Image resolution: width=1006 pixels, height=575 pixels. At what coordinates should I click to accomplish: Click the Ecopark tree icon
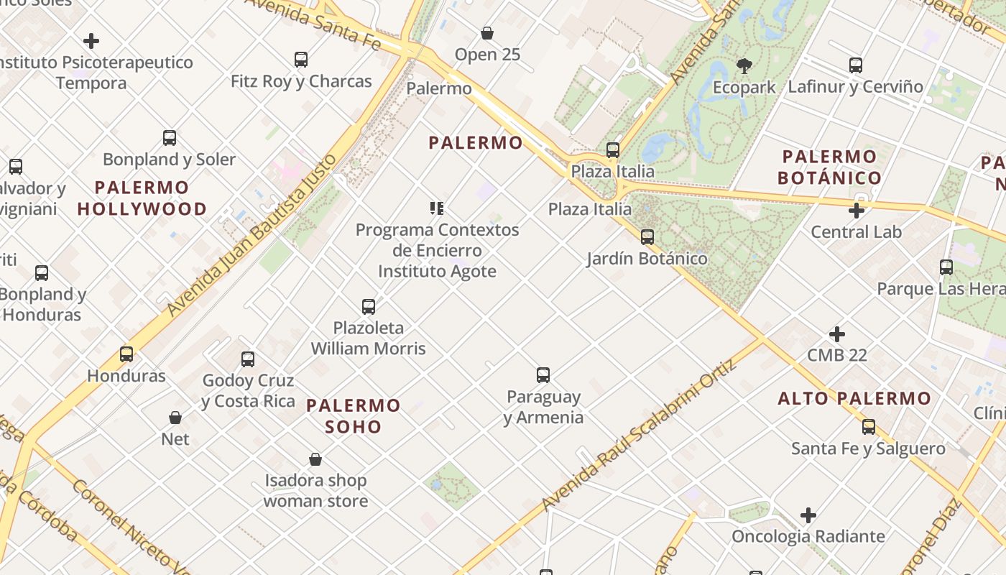744,66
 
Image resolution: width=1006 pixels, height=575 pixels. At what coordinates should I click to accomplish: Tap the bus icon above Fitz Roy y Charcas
301,60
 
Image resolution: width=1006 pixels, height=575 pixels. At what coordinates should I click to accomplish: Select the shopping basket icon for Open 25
487,33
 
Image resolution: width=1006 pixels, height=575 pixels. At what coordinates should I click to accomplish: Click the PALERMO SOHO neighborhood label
353,415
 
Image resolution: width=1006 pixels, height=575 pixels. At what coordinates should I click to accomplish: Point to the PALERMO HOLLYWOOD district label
142,198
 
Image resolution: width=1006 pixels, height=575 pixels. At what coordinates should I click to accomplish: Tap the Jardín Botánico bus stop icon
647,236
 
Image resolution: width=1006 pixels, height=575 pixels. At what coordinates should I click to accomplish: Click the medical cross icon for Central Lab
856,211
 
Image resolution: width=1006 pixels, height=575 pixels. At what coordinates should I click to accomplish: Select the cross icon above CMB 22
837,334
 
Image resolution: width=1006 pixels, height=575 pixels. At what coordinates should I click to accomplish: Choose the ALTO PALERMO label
854,398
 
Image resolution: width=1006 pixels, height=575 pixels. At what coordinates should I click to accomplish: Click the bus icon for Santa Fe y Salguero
869,427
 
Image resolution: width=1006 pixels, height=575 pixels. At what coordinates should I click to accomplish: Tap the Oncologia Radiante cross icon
808,515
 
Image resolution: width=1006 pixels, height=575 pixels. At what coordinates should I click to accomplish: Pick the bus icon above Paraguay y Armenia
543,375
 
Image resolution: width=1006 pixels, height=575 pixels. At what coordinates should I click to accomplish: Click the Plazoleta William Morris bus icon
369,307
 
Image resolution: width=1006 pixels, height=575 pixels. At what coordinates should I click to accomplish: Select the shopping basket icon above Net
175,418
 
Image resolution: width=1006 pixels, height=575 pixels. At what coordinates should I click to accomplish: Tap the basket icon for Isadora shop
315,459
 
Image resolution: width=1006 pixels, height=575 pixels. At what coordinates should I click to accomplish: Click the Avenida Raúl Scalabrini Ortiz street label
639,436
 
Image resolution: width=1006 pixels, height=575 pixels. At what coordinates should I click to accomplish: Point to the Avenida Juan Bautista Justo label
251,234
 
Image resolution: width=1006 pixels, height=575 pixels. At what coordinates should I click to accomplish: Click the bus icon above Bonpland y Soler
170,138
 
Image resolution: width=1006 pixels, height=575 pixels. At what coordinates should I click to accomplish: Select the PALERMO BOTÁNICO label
829,167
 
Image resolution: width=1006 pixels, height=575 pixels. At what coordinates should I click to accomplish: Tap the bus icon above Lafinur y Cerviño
856,65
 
